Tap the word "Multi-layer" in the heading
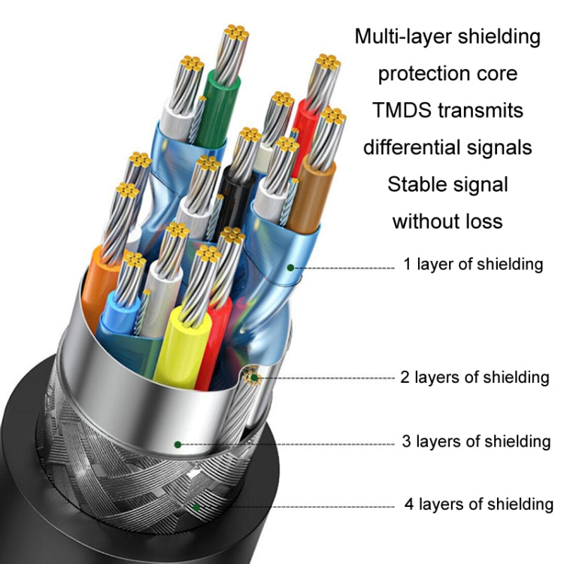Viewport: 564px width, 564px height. (399, 36)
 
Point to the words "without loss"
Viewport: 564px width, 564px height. (447, 220)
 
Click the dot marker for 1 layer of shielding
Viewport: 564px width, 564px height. (290, 266)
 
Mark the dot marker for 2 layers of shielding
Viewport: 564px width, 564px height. (253, 378)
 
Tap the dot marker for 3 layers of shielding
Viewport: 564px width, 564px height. (177, 444)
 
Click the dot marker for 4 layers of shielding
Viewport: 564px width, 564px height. (197, 506)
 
